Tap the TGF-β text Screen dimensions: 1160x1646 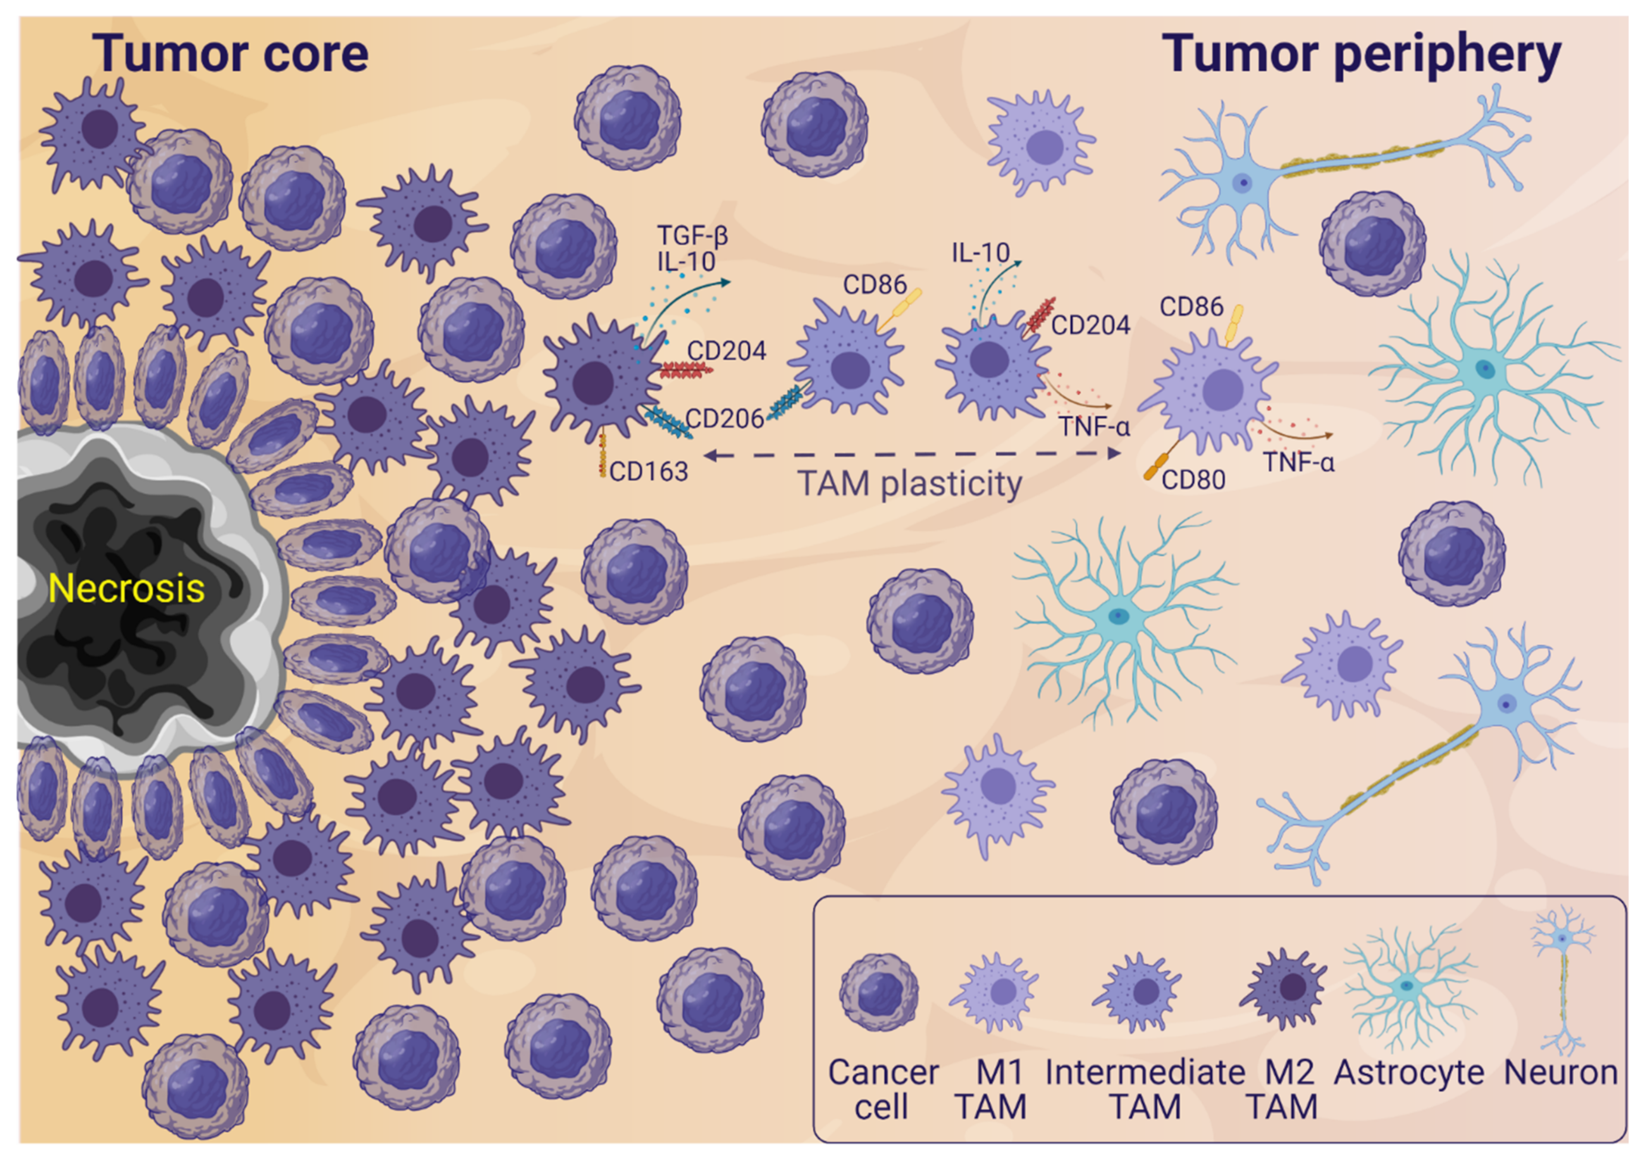point(692,235)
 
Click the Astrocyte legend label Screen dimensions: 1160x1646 point(1409,1073)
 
